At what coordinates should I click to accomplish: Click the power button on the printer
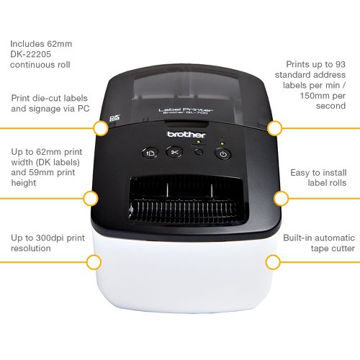pyautogui.click(x=223, y=154)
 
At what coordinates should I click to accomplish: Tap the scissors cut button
pyautogui.click(x=174, y=152)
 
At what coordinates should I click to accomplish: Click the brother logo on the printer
pyautogui.click(x=186, y=135)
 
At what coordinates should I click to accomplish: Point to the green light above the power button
pyautogui.click(x=222, y=143)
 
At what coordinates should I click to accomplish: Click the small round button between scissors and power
pyautogui.click(x=199, y=152)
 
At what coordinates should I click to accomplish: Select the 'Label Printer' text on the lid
pyautogui.click(x=186, y=109)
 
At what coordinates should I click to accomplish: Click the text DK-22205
pyautogui.click(x=31, y=54)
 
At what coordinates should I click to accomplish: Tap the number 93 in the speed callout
pyautogui.click(x=341, y=64)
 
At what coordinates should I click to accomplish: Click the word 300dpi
pyautogui.click(x=50, y=238)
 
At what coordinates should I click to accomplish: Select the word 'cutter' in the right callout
pyautogui.click(x=342, y=248)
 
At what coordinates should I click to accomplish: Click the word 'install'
pyautogui.click(x=334, y=173)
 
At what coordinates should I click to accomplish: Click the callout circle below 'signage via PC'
pyautogui.click(x=101, y=128)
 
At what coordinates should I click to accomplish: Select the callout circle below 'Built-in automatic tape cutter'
pyautogui.click(x=273, y=262)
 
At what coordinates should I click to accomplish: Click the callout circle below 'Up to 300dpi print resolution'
pyautogui.click(x=94, y=262)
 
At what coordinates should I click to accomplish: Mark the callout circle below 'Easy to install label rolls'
pyautogui.click(x=281, y=199)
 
